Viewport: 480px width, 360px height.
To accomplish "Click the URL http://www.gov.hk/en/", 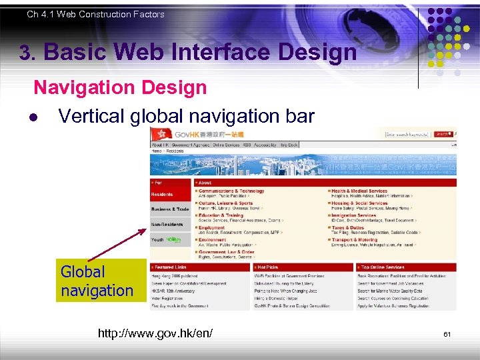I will [155, 333].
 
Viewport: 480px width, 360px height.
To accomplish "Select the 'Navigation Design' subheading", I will [120, 87].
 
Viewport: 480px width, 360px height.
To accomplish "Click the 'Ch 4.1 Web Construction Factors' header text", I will [95, 14].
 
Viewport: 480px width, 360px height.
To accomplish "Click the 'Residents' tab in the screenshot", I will [162, 195].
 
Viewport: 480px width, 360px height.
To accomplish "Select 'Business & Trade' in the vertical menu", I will [170, 209].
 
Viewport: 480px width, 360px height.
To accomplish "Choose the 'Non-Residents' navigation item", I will [167, 225].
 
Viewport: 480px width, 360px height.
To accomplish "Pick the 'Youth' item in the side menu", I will [158, 239].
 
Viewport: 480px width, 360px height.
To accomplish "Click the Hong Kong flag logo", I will [157, 134].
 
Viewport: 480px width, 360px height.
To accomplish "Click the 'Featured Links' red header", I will [172, 267].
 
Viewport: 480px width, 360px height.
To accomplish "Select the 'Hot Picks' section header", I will [269, 267].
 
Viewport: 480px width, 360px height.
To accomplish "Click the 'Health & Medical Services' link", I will [361, 191].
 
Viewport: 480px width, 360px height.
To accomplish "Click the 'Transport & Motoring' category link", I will [356, 240].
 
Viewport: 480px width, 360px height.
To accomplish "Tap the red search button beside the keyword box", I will [441, 134].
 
